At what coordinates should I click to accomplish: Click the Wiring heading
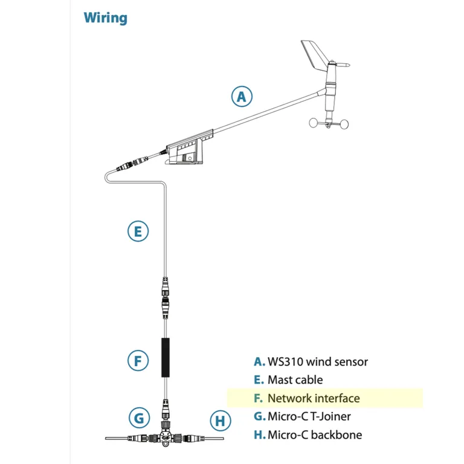pyautogui.click(x=106, y=17)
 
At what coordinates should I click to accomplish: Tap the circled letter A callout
pyautogui.click(x=242, y=96)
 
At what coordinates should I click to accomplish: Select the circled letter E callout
pyautogui.click(x=138, y=231)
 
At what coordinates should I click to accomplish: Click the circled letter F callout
pyautogui.click(x=138, y=361)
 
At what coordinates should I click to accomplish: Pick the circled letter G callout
pyautogui.click(x=138, y=417)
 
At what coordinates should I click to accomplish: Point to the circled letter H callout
pyautogui.click(x=220, y=420)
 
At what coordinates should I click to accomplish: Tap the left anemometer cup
pyautogui.click(x=315, y=123)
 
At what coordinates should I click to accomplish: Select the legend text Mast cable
pyautogui.click(x=295, y=380)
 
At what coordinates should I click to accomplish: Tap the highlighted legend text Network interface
pyautogui.click(x=314, y=398)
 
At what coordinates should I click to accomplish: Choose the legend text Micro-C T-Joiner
pyautogui.click(x=309, y=416)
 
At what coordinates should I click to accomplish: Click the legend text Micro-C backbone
pyautogui.click(x=315, y=434)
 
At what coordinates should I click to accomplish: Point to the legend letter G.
pyautogui.click(x=259, y=416)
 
